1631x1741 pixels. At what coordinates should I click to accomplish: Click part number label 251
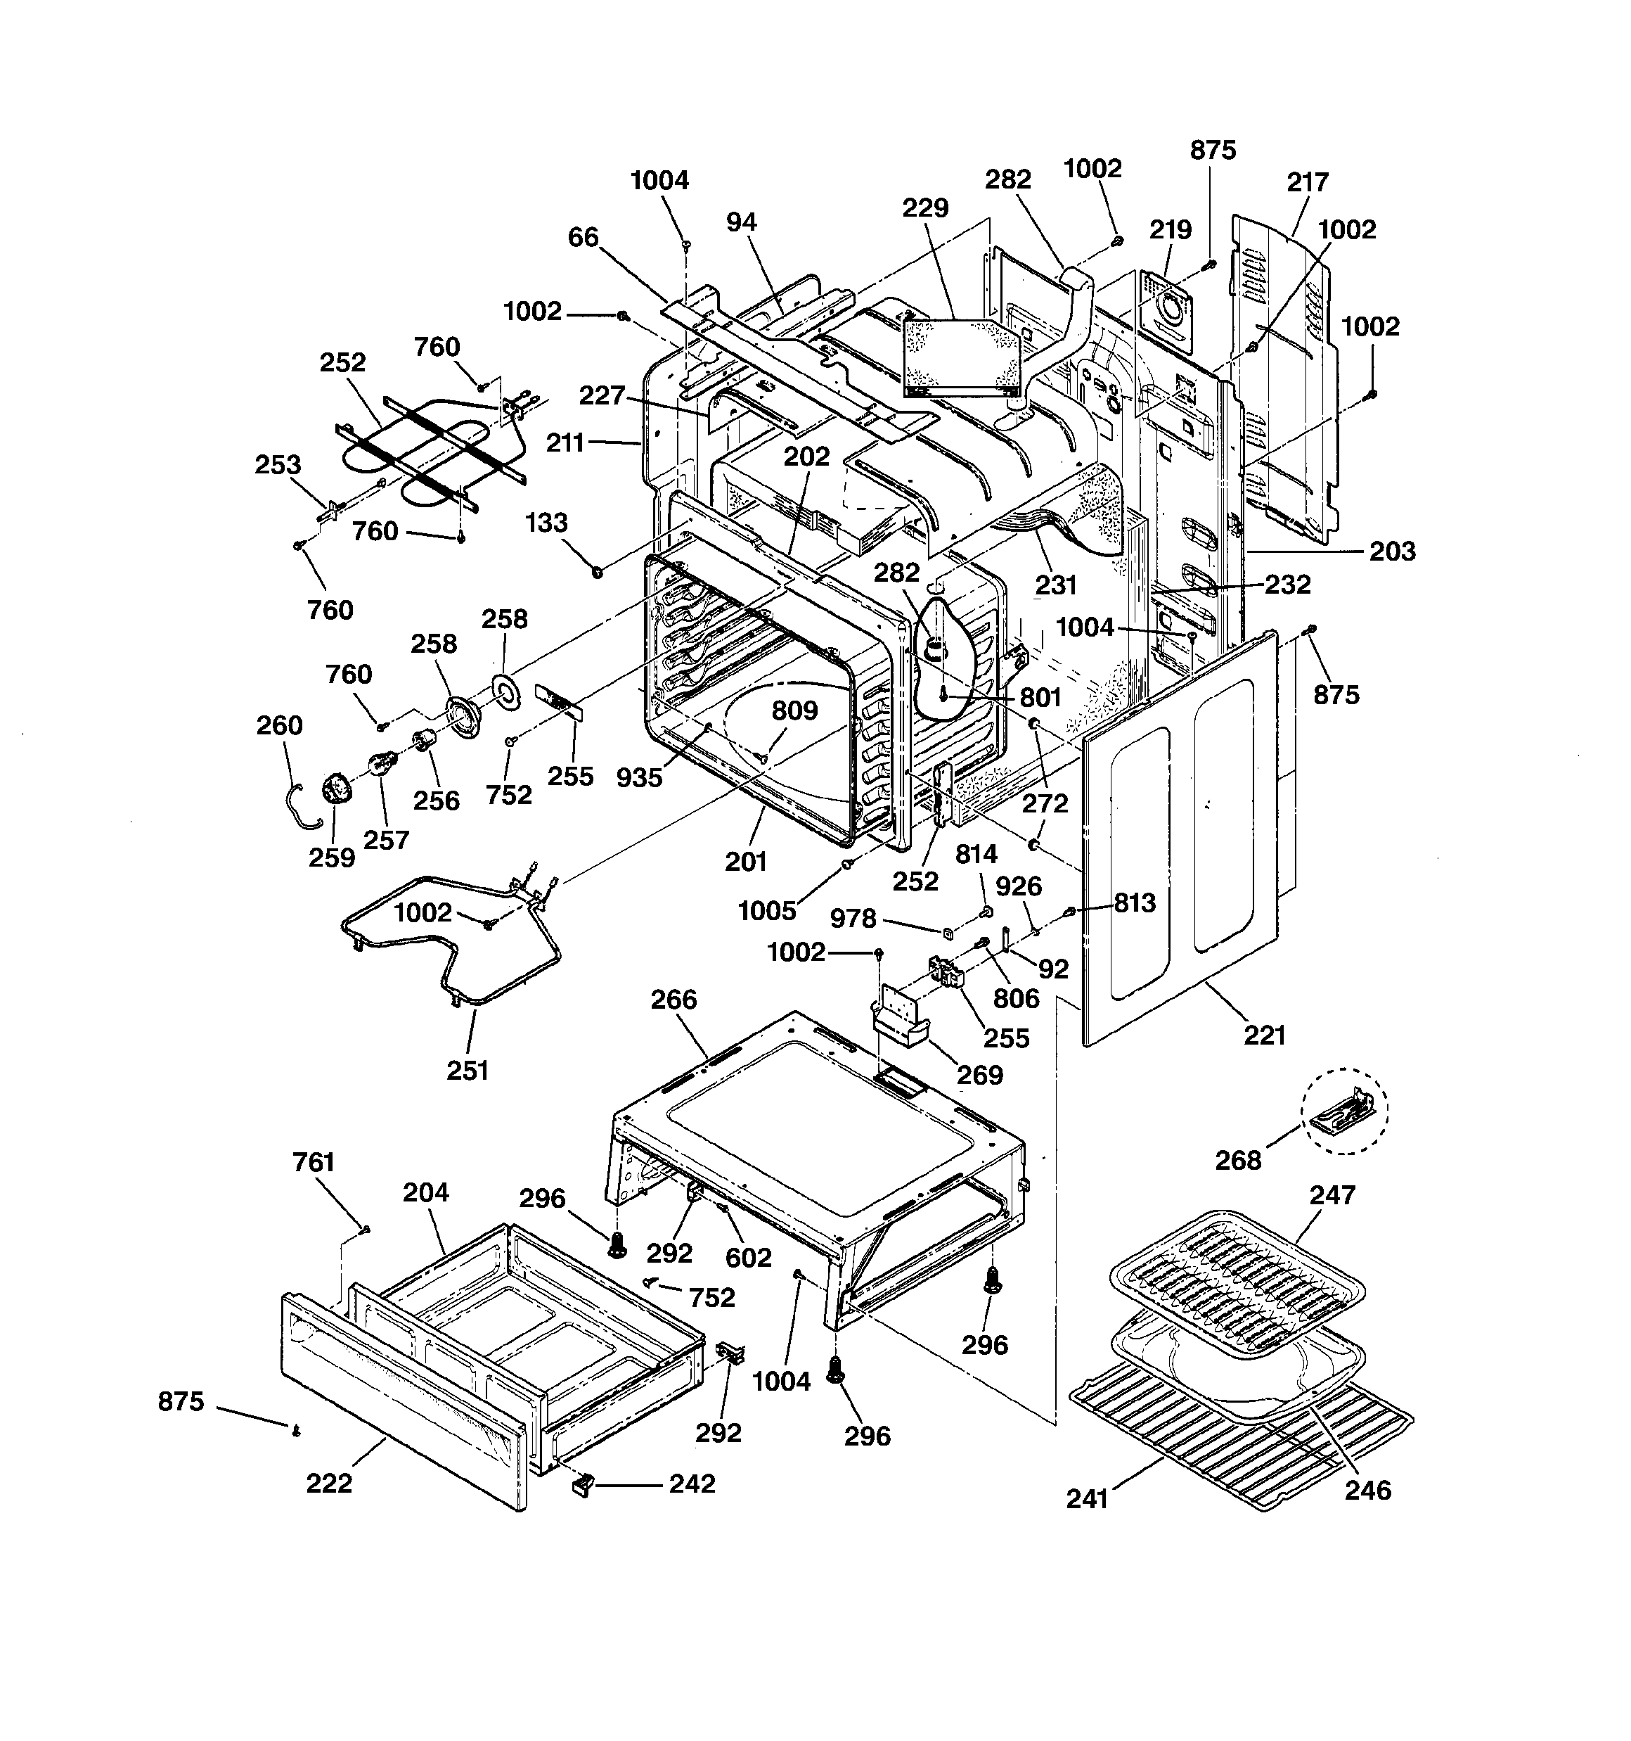click(x=468, y=1070)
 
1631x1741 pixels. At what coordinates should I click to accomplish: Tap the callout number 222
click(x=329, y=1483)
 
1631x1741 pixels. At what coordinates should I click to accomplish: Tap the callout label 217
click(x=1307, y=182)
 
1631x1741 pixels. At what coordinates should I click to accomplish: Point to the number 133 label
click(x=546, y=523)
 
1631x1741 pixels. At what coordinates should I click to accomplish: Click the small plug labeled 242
click(x=582, y=1484)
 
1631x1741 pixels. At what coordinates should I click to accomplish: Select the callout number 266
click(x=674, y=1000)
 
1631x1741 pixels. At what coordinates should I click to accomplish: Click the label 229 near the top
click(x=925, y=208)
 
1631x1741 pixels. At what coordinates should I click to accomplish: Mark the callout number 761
click(x=314, y=1162)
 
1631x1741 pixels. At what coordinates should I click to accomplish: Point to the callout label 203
click(x=1392, y=551)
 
